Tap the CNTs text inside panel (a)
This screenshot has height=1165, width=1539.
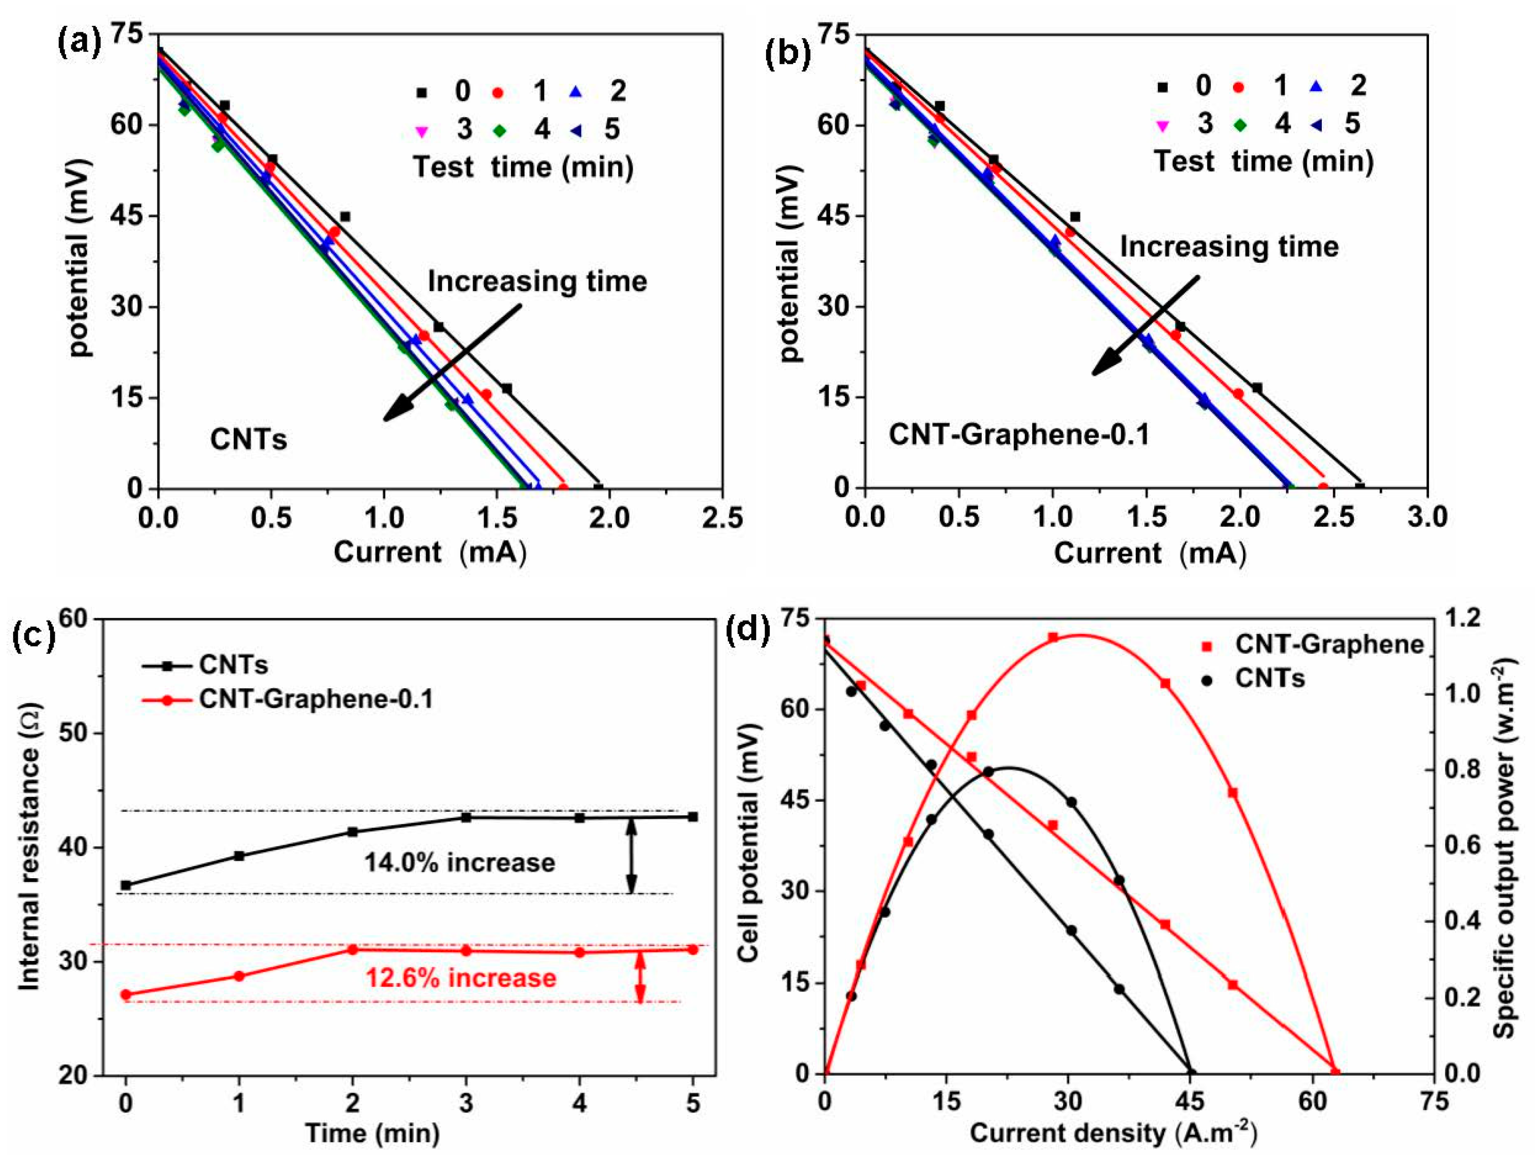coord(248,439)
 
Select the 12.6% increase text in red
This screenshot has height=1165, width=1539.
coord(460,978)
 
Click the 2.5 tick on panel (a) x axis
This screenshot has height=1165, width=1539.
coord(722,518)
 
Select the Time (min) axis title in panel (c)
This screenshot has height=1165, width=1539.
coord(372,1133)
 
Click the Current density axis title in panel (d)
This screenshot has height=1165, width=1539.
coord(1113,1133)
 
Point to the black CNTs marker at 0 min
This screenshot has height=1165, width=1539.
coord(126,885)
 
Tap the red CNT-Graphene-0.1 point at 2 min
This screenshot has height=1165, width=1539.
coord(353,949)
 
